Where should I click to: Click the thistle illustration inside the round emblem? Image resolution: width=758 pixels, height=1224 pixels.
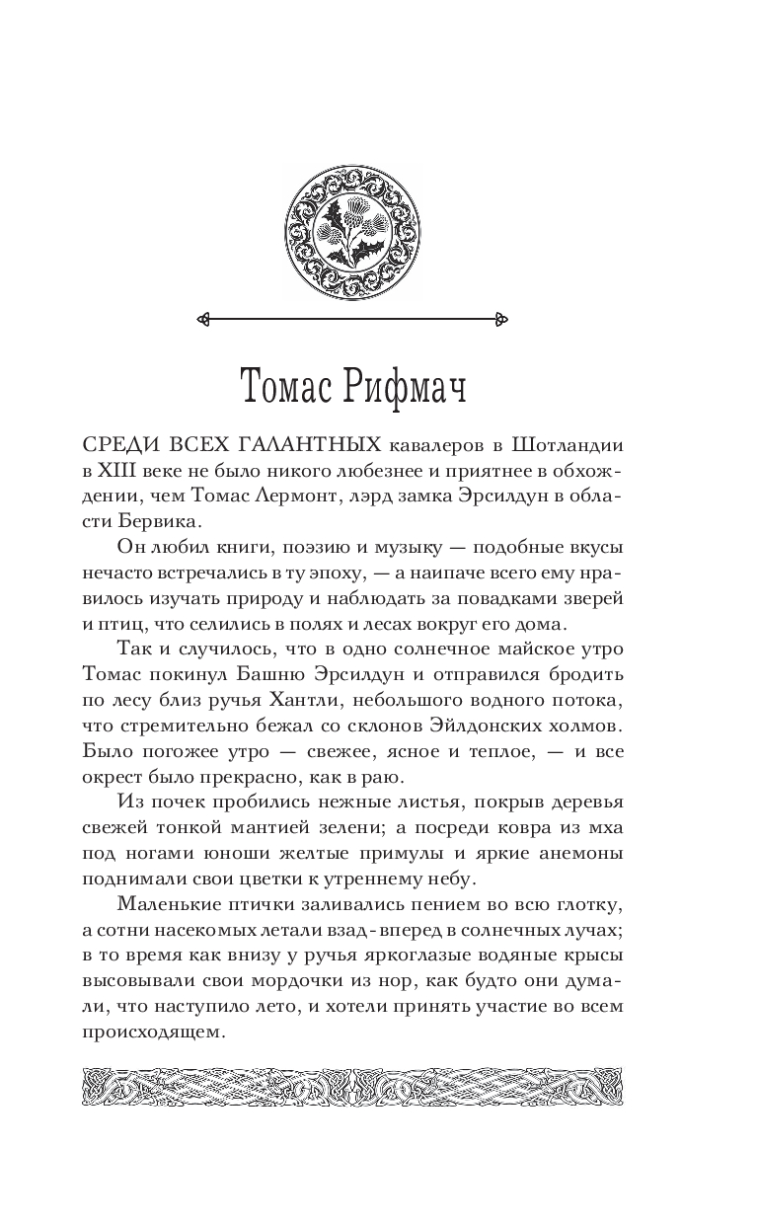click(x=352, y=228)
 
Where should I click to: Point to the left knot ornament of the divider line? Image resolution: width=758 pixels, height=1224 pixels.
click(x=204, y=319)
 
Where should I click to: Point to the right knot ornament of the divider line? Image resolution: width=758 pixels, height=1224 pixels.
click(x=500, y=319)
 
